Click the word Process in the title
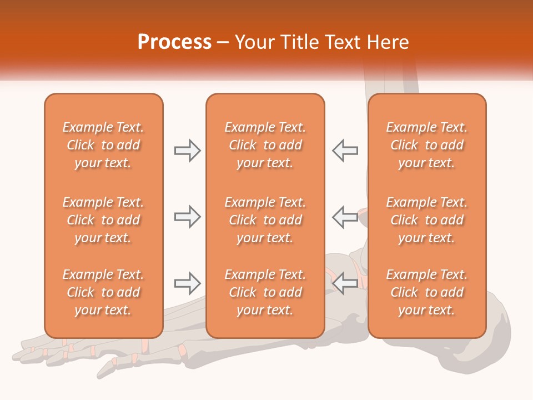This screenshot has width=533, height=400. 174,42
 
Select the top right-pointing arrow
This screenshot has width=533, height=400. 187,151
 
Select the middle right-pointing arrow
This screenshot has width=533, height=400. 187,217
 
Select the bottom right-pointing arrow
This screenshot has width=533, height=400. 187,283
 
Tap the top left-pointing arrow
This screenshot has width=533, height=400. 345,151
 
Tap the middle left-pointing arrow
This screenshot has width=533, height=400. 345,217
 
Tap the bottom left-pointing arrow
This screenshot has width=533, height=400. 345,283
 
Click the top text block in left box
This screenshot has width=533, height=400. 103,145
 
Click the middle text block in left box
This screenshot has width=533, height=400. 103,220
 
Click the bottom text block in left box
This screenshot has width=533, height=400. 103,292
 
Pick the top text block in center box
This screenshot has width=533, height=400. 265,145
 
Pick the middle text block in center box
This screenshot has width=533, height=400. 265,220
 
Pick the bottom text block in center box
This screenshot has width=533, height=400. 265,292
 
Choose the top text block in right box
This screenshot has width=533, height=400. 426,145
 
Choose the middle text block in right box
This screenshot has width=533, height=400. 426,220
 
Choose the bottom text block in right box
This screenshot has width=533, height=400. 426,292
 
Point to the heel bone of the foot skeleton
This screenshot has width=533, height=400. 489,356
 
